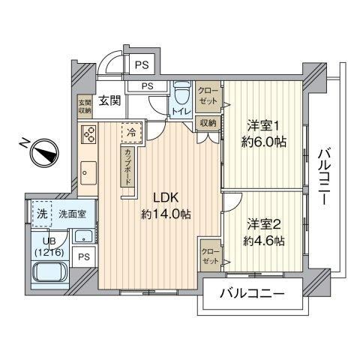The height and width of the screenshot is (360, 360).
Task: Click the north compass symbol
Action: pos(44,153)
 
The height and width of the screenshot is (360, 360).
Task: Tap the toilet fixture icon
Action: pos(181,93)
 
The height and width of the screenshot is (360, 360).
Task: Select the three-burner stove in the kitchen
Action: pos(89,134)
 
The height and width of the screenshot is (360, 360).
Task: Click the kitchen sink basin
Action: pos(88,173)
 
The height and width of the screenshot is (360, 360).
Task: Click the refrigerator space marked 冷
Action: pos(132,133)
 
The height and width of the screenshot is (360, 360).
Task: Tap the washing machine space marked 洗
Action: pos(42,214)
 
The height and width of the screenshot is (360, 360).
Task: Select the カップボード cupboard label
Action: pos(127,166)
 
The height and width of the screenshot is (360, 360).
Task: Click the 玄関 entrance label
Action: pos(109,100)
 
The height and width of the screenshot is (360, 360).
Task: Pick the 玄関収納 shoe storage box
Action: pos(85,106)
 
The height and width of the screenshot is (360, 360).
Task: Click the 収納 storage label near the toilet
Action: pos(208,123)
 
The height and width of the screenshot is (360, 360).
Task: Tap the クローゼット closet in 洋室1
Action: pos(208,96)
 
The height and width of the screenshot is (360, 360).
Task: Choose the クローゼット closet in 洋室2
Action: pos(211,256)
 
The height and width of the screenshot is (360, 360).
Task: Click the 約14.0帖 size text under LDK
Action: pos(166,214)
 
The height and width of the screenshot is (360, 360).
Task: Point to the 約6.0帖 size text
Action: pos(263,142)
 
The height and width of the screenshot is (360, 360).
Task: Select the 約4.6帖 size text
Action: pos(264,241)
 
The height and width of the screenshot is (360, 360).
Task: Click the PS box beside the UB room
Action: pos(84,257)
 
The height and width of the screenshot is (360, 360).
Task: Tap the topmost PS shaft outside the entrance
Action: pos(142,65)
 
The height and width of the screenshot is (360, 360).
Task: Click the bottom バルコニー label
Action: pos(252,293)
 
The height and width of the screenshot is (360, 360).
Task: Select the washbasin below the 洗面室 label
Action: pos(84,236)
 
